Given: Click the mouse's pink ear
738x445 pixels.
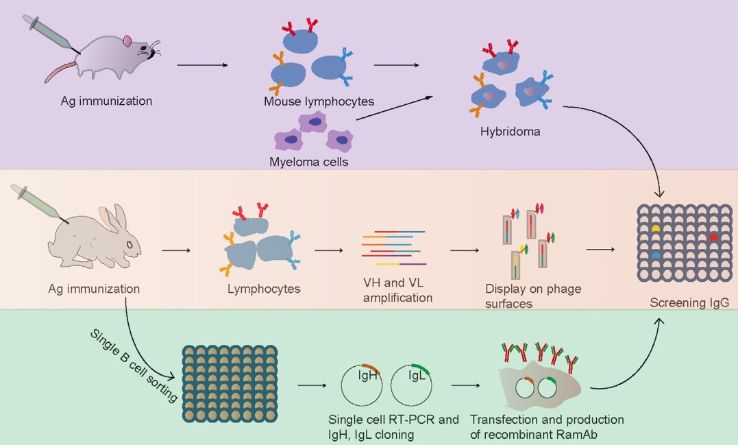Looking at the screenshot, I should coord(127,42).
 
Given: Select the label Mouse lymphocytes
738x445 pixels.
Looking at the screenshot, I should coord(319,101).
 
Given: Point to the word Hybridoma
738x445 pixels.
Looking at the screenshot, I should coord(510,132).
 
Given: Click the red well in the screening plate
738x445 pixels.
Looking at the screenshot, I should coord(713,237).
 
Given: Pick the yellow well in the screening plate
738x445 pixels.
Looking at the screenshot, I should coord(656,227).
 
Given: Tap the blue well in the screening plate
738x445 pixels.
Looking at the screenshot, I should coord(656,254).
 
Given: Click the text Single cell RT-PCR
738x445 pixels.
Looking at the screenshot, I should coord(393,420).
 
